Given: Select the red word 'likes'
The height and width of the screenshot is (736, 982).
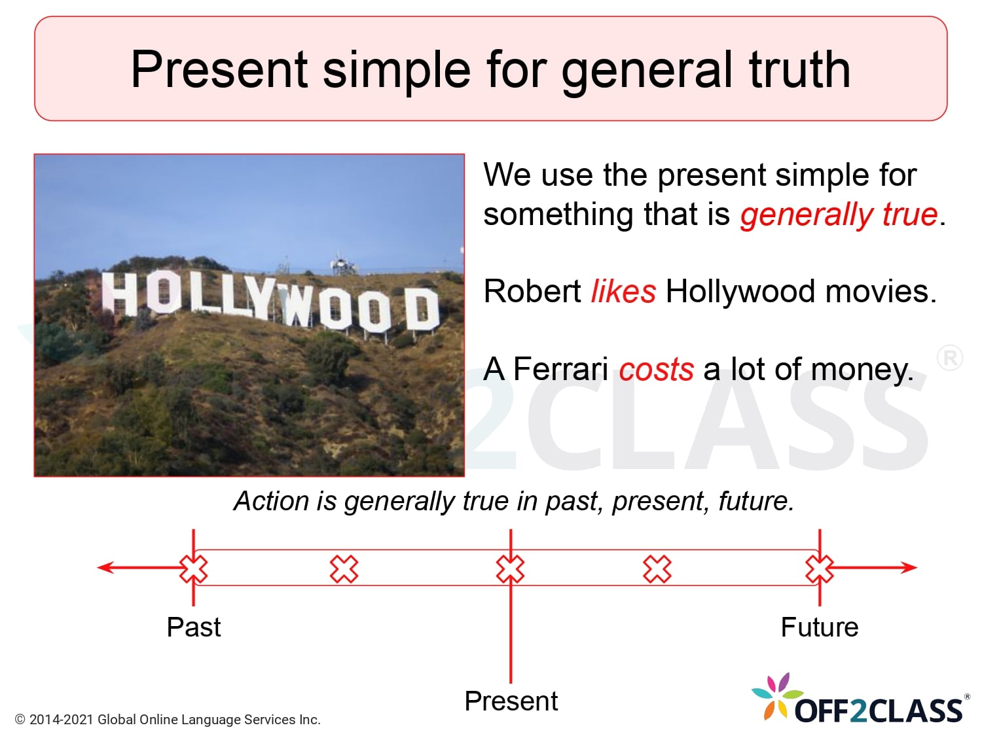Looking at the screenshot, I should [x=623, y=292].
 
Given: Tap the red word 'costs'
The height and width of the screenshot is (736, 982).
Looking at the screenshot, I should [x=656, y=370].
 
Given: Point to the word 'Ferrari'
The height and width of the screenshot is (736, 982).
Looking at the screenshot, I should [x=560, y=369].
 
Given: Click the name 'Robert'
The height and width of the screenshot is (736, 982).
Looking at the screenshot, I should [x=532, y=292].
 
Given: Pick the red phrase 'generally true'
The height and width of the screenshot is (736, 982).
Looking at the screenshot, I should [x=839, y=215].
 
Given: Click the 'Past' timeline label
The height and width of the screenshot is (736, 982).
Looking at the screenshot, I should [x=194, y=627].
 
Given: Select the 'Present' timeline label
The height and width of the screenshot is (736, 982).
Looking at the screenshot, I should [x=511, y=701].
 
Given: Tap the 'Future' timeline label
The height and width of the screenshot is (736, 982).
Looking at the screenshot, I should [x=819, y=627].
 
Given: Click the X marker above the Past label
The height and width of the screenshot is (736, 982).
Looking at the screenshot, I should [x=194, y=569].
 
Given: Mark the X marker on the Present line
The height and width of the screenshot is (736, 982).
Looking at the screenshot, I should [x=511, y=569].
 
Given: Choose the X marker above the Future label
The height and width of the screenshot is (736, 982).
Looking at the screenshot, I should [x=819, y=569].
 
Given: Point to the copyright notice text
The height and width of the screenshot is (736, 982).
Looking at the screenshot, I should [x=168, y=720].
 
